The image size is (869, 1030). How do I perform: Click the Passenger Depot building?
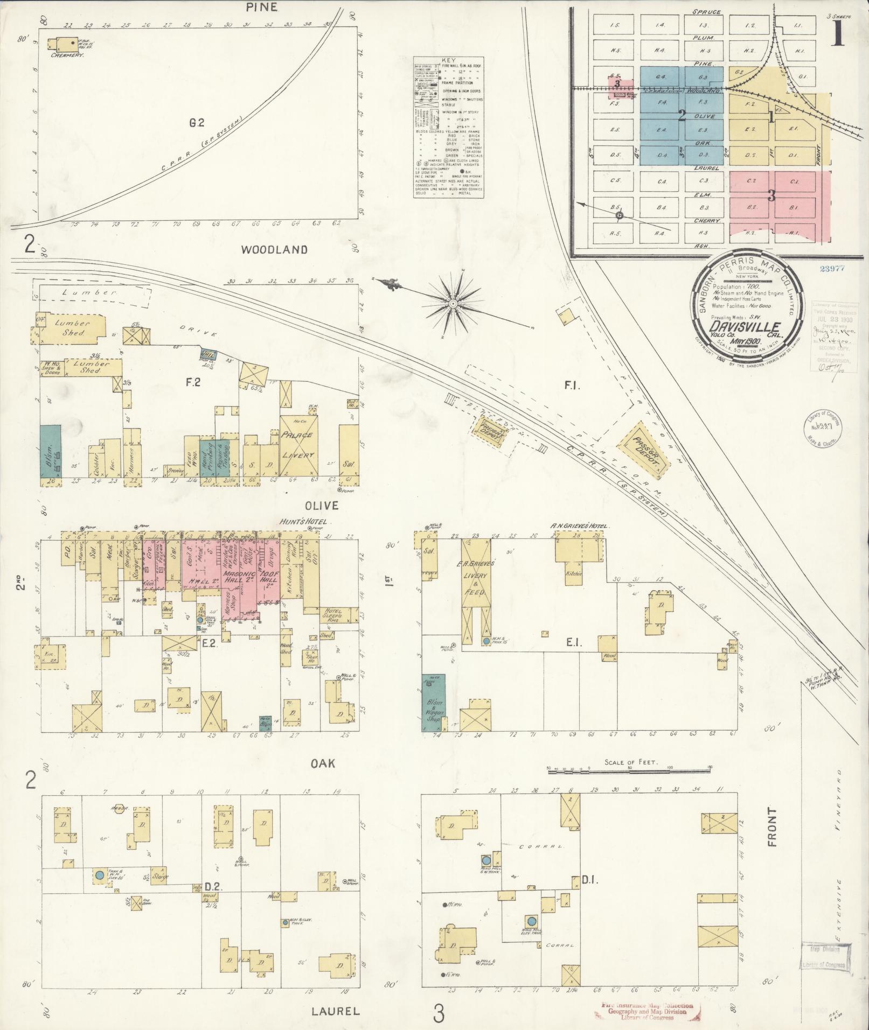645,450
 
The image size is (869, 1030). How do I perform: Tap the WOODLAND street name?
274,250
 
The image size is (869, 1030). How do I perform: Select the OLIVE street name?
322,506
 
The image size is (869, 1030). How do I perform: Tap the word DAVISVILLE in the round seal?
745,327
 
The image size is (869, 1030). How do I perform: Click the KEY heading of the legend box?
448,61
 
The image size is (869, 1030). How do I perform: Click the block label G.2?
197,123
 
